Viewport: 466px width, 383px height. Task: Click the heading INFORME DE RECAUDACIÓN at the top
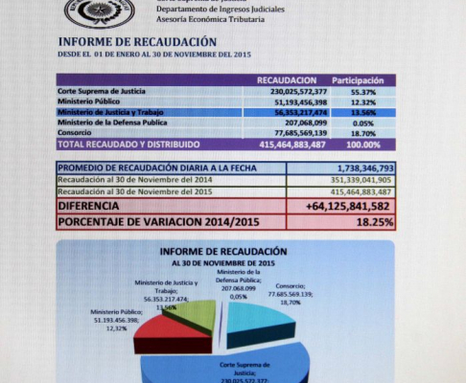pyautogui.click(x=137, y=42)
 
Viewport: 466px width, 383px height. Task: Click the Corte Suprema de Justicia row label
pyautogui.click(x=101, y=91)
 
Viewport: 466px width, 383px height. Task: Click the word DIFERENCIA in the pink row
pyautogui.click(x=89, y=205)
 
